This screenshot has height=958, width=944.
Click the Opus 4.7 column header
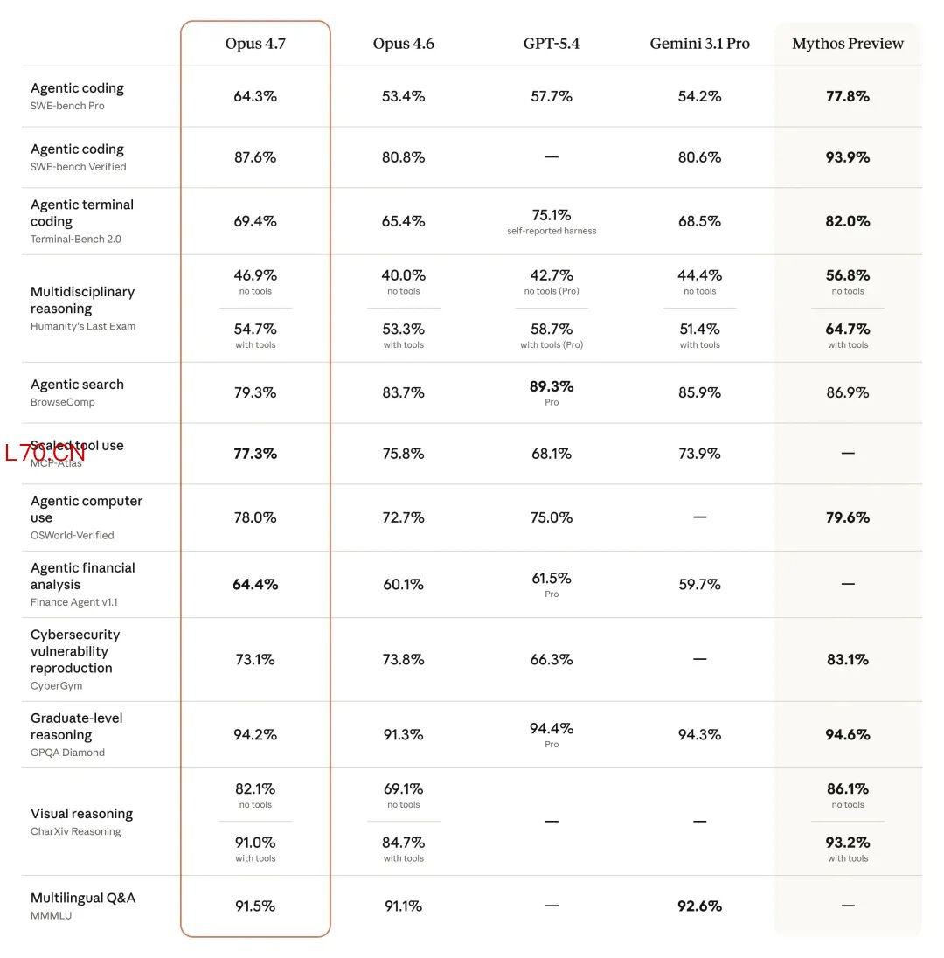(255, 44)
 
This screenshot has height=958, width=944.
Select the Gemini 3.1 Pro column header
(699, 44)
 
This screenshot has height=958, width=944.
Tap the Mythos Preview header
(847, 44)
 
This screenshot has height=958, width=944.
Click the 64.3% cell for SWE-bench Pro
(255, 96)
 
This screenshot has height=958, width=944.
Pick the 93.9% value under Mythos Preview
(847, 157)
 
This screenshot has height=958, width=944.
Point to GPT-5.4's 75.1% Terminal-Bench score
(552, 215)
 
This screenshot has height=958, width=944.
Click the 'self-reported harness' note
(552, 231)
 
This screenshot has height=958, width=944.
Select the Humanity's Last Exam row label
(83, 326)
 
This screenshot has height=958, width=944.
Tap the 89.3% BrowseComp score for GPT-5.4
(552, 386)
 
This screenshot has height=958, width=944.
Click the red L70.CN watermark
(45, 453)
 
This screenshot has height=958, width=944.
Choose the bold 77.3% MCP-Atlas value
(255, 454)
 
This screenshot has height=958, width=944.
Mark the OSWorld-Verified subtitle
(73, 535)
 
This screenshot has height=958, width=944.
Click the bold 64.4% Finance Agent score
(255, 584)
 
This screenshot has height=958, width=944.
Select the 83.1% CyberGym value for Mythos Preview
(847, 660)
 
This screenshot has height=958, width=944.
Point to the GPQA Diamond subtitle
(67, 753)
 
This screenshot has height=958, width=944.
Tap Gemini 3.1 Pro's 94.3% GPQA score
(699, 735)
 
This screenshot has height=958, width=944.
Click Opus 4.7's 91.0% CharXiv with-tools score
(255, 843)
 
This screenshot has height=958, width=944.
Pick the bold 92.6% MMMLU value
(699, 906)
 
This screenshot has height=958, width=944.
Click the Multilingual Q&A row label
(83, 898)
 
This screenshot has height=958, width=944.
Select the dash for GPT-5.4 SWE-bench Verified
(552, 157)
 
